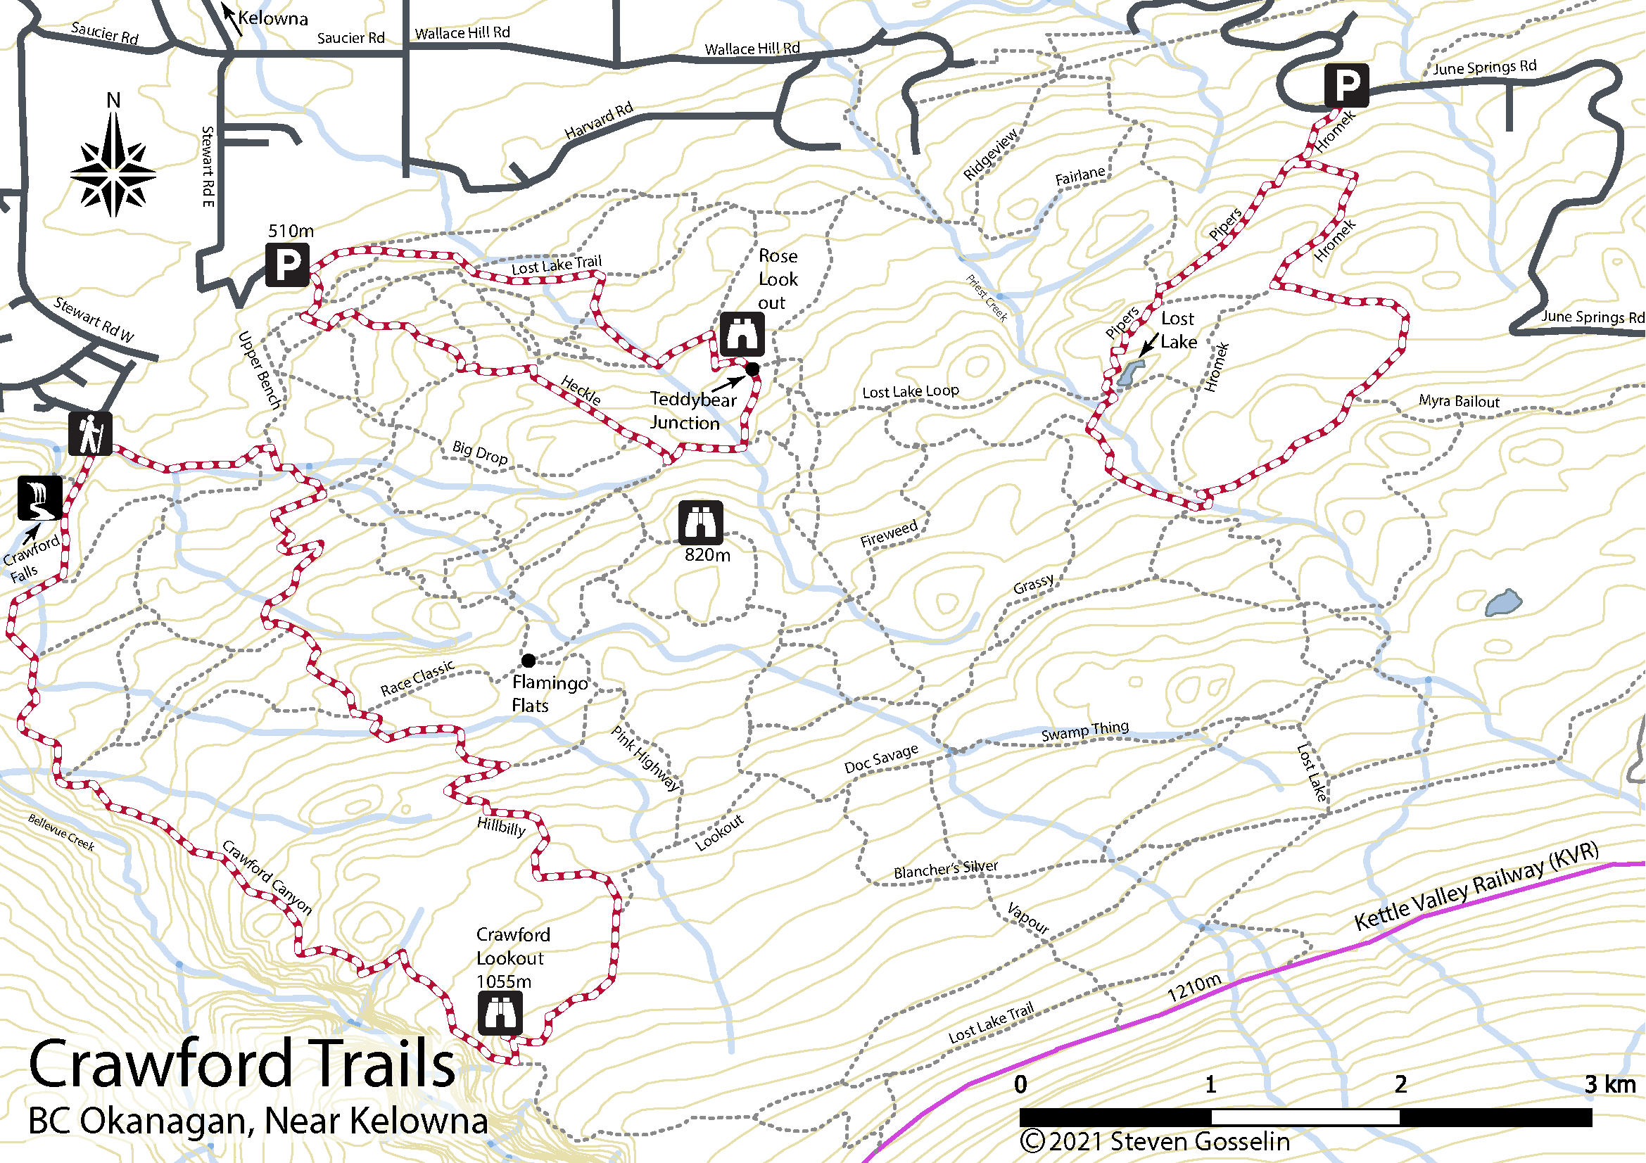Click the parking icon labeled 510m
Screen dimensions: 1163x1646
pos(288,265)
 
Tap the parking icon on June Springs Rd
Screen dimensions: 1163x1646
pos(1346,85)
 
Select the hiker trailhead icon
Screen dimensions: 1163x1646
pos(90,433)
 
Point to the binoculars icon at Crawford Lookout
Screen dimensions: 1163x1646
pos(500,1013)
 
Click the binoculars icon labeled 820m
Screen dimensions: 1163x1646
pos(700,522)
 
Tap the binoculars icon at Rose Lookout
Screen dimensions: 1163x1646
pos(742,334)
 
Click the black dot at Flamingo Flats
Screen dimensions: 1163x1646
pos(528,660)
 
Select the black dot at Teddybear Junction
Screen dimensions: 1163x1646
pos(752,369)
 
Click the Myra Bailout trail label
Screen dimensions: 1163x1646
pos(1459,401)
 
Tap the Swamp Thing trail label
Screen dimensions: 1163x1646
pos(1084,732)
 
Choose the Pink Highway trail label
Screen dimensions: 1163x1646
pos(645,758)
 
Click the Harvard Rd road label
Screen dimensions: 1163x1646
pos(599,120)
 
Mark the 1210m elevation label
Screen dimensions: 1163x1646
pos(1194,989)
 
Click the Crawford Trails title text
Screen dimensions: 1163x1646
pos(241,1065)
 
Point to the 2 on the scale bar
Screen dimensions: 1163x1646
pos(1400,1084)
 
